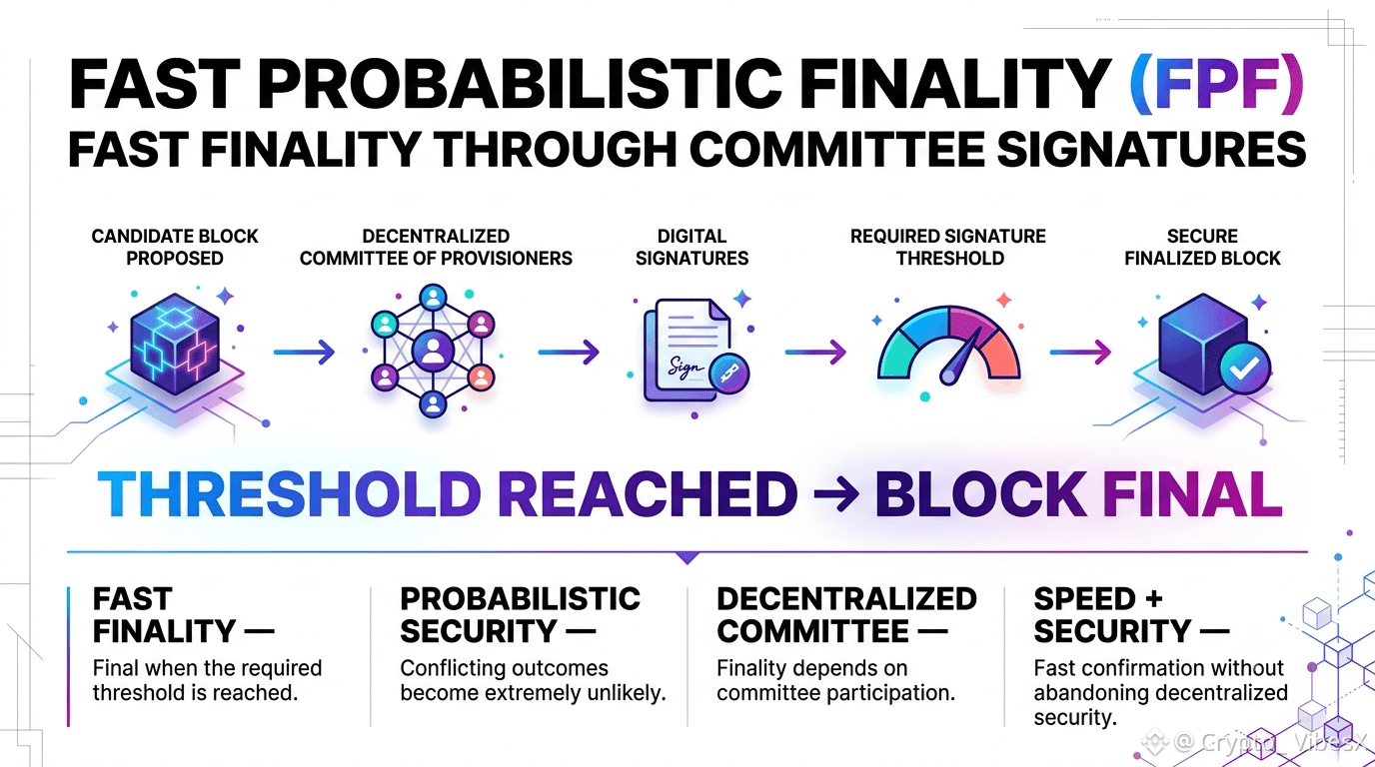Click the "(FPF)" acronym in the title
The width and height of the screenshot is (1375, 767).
[1217, 84]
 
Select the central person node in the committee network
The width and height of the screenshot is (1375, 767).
[434, 352]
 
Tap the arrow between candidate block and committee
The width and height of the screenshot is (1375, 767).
[304, 353]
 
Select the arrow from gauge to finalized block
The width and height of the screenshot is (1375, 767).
[1080, 353]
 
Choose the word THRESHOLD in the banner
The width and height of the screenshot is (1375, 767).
[289, 494]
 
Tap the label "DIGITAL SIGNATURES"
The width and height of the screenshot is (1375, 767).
[691, 248]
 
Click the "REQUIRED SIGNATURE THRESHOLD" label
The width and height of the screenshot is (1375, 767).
[948, 248]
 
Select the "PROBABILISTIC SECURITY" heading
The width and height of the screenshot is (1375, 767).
[520, 615]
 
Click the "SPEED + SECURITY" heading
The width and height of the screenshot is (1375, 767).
[1131, 615]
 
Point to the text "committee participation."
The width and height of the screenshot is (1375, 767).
[836, 693]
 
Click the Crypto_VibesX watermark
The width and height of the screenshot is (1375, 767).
[1254, 742]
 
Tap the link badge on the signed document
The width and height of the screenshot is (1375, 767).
[729, 373]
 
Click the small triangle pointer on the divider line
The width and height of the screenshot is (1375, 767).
[687, 557]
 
